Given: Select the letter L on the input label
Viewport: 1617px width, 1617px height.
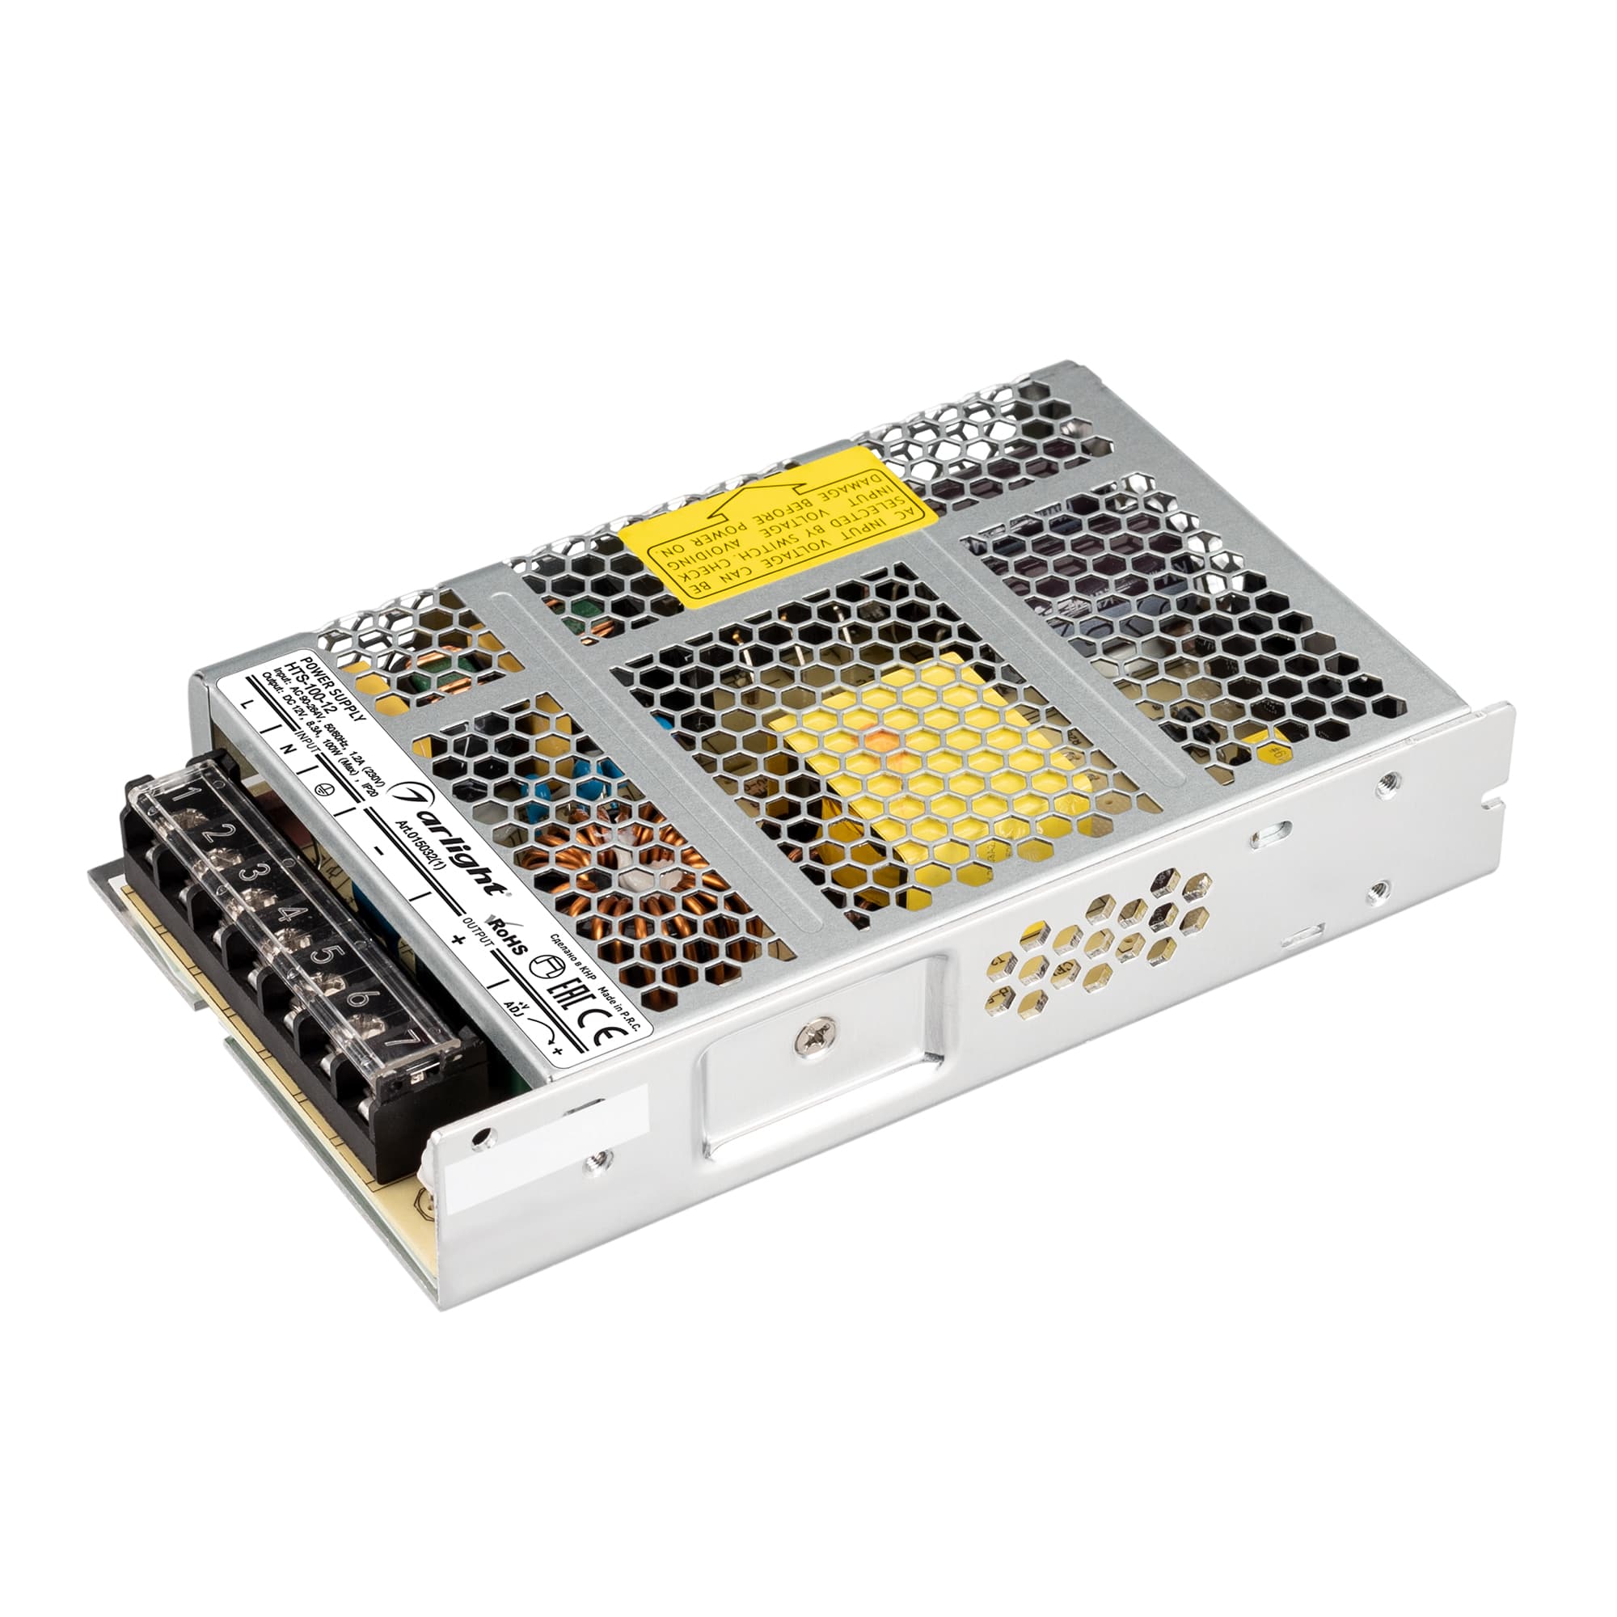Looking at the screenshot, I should click(x=244, y=707).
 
